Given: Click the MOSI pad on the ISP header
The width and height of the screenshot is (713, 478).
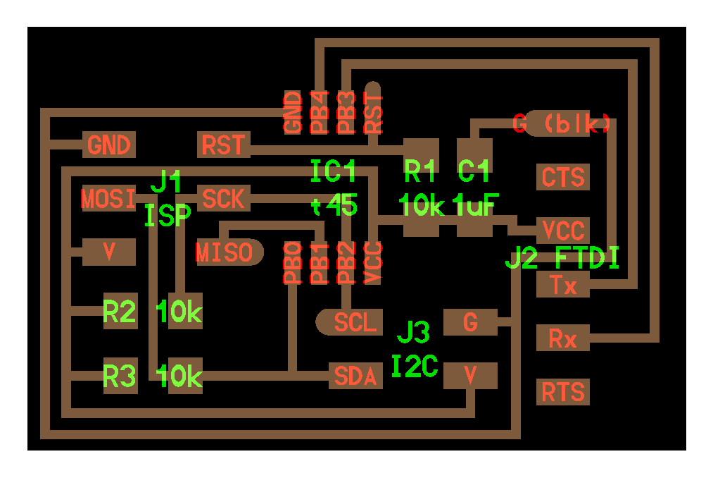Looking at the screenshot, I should pos(109,199).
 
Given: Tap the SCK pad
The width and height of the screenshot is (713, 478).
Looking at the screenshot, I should pos(224,199).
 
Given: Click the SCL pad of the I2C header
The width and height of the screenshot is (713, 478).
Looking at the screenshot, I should pos(350,322).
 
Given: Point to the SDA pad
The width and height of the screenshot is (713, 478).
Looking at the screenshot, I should pos(356,376).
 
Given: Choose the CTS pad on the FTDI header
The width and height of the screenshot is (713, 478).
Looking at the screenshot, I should pos(563,176).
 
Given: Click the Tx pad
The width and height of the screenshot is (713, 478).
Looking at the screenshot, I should pos(563,286).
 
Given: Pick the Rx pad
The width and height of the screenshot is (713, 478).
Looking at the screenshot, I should pos(563,339).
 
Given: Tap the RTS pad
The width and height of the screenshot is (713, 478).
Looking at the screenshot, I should pos(563,391).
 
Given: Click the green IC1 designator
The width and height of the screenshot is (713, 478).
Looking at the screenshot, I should pos(334,171).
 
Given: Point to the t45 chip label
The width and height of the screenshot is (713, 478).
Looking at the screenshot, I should pos(334,206).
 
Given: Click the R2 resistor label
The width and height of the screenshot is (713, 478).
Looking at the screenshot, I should pos(120,311).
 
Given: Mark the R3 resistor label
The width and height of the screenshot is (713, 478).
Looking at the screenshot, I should pos(120,377).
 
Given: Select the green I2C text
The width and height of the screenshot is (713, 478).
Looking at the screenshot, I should pos(415,366).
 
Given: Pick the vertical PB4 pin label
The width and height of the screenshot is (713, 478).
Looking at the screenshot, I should pos(320,113).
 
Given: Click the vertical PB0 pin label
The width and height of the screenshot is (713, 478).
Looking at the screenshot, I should pos(293,262).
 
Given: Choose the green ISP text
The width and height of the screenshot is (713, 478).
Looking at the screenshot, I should pos(168,215).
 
